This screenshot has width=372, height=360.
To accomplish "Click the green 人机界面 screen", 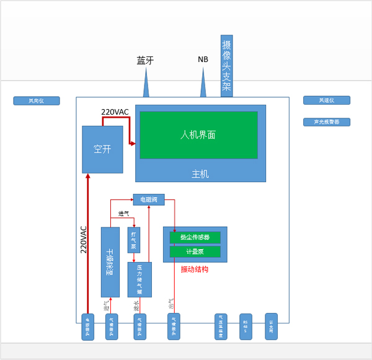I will [198, 135].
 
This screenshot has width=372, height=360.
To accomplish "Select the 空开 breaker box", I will [102, 149].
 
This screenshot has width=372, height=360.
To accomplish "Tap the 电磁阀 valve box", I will [149, 200].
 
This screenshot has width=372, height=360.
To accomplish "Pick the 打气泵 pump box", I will [133, 240].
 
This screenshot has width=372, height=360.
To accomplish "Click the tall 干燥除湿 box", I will [110, 262].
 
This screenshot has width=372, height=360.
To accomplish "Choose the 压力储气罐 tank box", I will [139, 279].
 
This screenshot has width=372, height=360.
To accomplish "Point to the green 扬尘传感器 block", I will [195, 237].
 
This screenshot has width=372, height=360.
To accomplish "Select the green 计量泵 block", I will [195, 252].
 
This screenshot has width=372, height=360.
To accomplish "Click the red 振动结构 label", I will [194, 270].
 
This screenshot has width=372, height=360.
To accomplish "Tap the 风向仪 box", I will [37, 100].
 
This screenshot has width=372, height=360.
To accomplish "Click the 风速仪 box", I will [327, 100].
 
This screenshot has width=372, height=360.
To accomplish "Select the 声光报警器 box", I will [327, 122].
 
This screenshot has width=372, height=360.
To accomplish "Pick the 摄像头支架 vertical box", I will [227, 66].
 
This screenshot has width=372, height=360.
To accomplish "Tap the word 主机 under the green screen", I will [200, 174].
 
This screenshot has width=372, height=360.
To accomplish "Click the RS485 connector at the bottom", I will [246, 327].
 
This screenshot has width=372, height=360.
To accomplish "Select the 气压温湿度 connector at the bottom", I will [221, 327].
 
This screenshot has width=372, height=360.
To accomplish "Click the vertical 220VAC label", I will [84, 239].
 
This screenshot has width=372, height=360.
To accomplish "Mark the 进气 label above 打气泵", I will [123, 214].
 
